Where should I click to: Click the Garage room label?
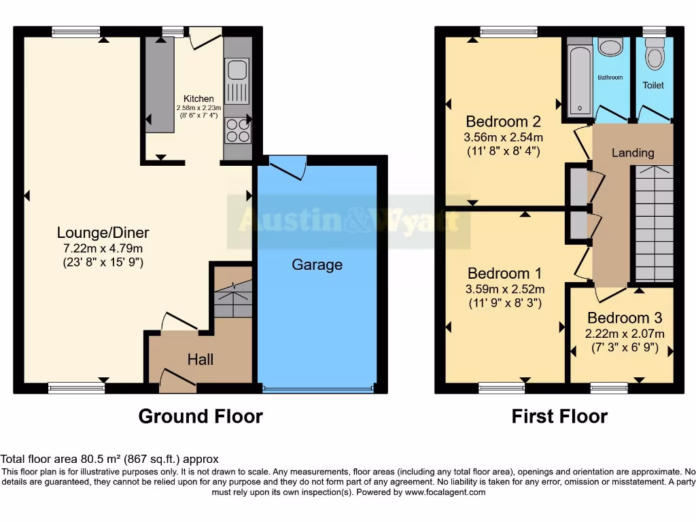tap(317, 264)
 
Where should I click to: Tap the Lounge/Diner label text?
tap(103, 232)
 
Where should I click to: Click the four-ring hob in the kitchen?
tap(237, 130)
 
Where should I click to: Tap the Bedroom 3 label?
tap(625, 317)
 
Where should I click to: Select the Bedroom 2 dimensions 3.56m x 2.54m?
tap(503, 137)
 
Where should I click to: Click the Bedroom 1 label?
tap(504, 273)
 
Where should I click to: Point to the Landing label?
tap(632, 153)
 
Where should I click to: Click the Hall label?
tap(200, 359)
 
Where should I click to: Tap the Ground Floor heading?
tap(201, 416)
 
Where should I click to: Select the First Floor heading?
tap(559, 416)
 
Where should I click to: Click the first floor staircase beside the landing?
tap(654, 224)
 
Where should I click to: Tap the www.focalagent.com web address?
tap(445, 492)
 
